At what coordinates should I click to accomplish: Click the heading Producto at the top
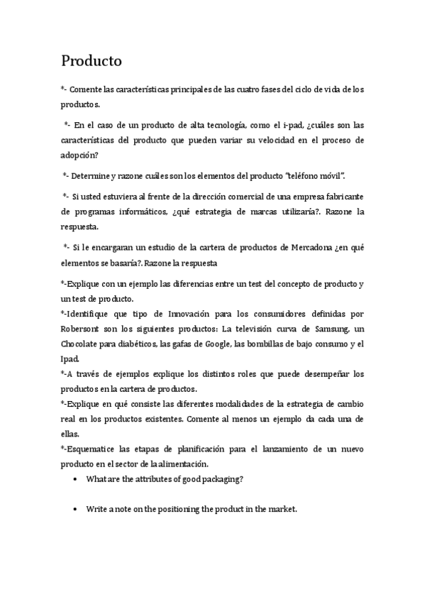pyautogui.click(x=91, y=61)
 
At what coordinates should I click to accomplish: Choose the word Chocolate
pyautogui.click(x=82, y=346)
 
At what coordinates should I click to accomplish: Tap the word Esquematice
pyautogui.click(x=94, y=449)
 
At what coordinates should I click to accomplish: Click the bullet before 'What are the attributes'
pyautogui.click(x=76, y=480)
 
